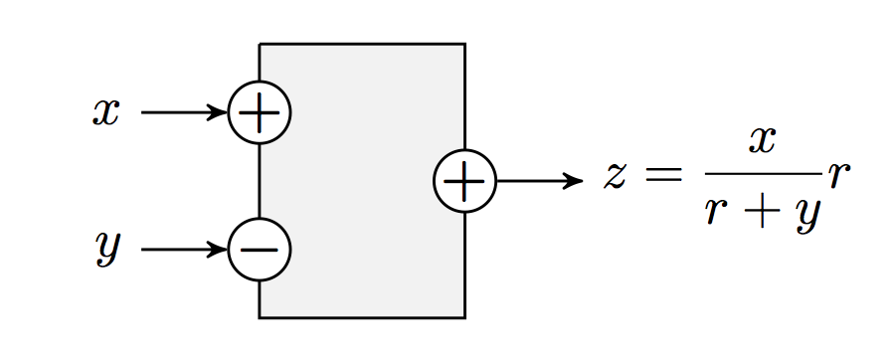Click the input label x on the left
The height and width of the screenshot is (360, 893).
(105, 112)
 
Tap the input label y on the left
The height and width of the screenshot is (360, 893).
(106, 248)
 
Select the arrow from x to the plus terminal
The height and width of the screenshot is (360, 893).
(184, 112)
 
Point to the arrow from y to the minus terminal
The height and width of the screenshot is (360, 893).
(184, 249)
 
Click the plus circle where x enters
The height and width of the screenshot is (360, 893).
(260, 112)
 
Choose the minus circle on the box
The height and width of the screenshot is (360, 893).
(260, 249)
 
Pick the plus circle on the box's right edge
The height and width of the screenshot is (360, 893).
(464, 181)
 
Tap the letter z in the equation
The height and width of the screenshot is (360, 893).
(617, 176)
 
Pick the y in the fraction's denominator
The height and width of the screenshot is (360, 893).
(804, 214)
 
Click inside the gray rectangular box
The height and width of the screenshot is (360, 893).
(362, 249)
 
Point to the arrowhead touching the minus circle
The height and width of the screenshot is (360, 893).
(220, 249)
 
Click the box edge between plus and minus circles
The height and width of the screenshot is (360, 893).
(260, 181)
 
